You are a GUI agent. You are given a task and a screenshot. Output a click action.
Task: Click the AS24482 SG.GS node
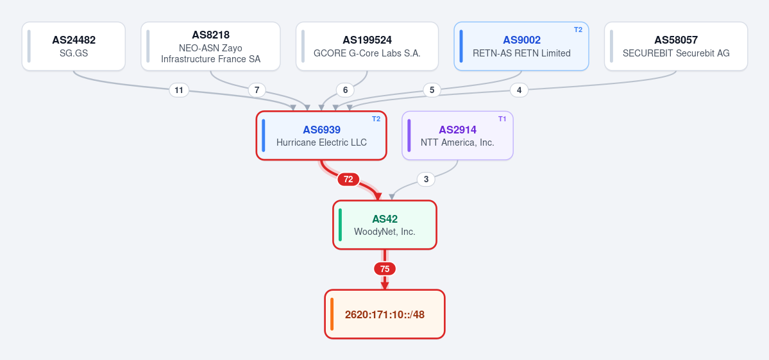click(x=74, y=46)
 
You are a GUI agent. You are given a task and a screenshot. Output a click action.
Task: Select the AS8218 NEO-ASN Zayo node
click(x=210, y=46)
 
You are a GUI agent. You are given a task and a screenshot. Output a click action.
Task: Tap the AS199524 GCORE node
click(x=367, y=46)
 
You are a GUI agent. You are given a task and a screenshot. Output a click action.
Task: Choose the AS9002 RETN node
click(x=521, y=46)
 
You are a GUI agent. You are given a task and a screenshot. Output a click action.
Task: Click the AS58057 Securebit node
click(x=676, y=46)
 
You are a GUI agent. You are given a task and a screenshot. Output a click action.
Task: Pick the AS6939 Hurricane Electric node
click(x=321, y=135)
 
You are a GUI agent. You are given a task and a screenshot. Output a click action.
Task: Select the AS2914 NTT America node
click(x=457, y=135)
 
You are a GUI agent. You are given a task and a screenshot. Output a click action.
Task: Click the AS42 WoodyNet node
click(x=385, y=225)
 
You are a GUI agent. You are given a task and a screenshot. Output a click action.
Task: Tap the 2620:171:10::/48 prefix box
click(x=385, y=314)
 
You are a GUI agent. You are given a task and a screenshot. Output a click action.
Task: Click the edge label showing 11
click(x=179, y=90)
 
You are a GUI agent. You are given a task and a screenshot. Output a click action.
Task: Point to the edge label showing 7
click(x=257, y=90)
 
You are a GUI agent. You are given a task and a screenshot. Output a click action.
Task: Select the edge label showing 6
click(x=345, y=90)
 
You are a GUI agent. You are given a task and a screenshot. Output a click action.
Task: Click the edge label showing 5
click(x=432, y=90)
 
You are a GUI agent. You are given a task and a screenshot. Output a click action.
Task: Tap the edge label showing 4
click(x=519, y=90)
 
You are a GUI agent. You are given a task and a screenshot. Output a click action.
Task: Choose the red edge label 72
click(x=348, y=180)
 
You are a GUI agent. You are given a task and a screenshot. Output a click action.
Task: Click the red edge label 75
click(x=385, y=269)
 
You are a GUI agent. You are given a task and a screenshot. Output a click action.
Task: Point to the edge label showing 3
click(x=426, y=180)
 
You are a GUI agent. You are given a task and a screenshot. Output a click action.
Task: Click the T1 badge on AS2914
click(x=502, y=119)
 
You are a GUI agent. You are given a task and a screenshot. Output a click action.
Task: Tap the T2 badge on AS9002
click(x=579, y=30)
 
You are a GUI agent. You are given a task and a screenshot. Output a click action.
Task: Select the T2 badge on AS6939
click(x=376, y=119)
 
